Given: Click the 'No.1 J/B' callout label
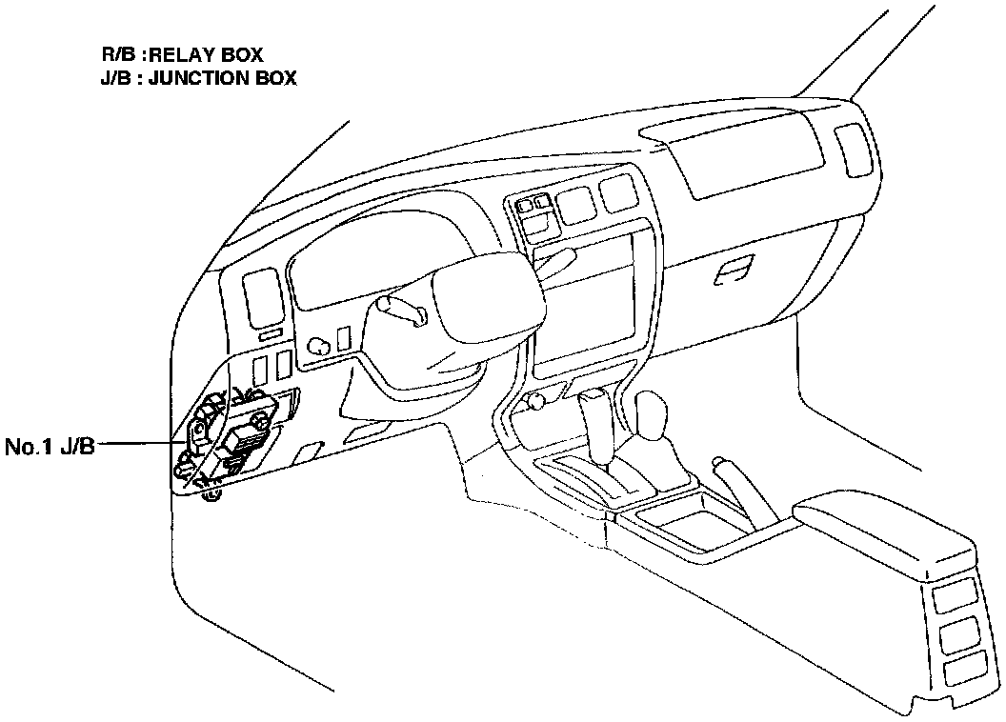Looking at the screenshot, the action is click(x=50, y=445).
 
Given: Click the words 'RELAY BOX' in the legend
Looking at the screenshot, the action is click(x=206, y=56).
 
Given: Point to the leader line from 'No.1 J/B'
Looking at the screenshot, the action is click(x=143, y=443).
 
